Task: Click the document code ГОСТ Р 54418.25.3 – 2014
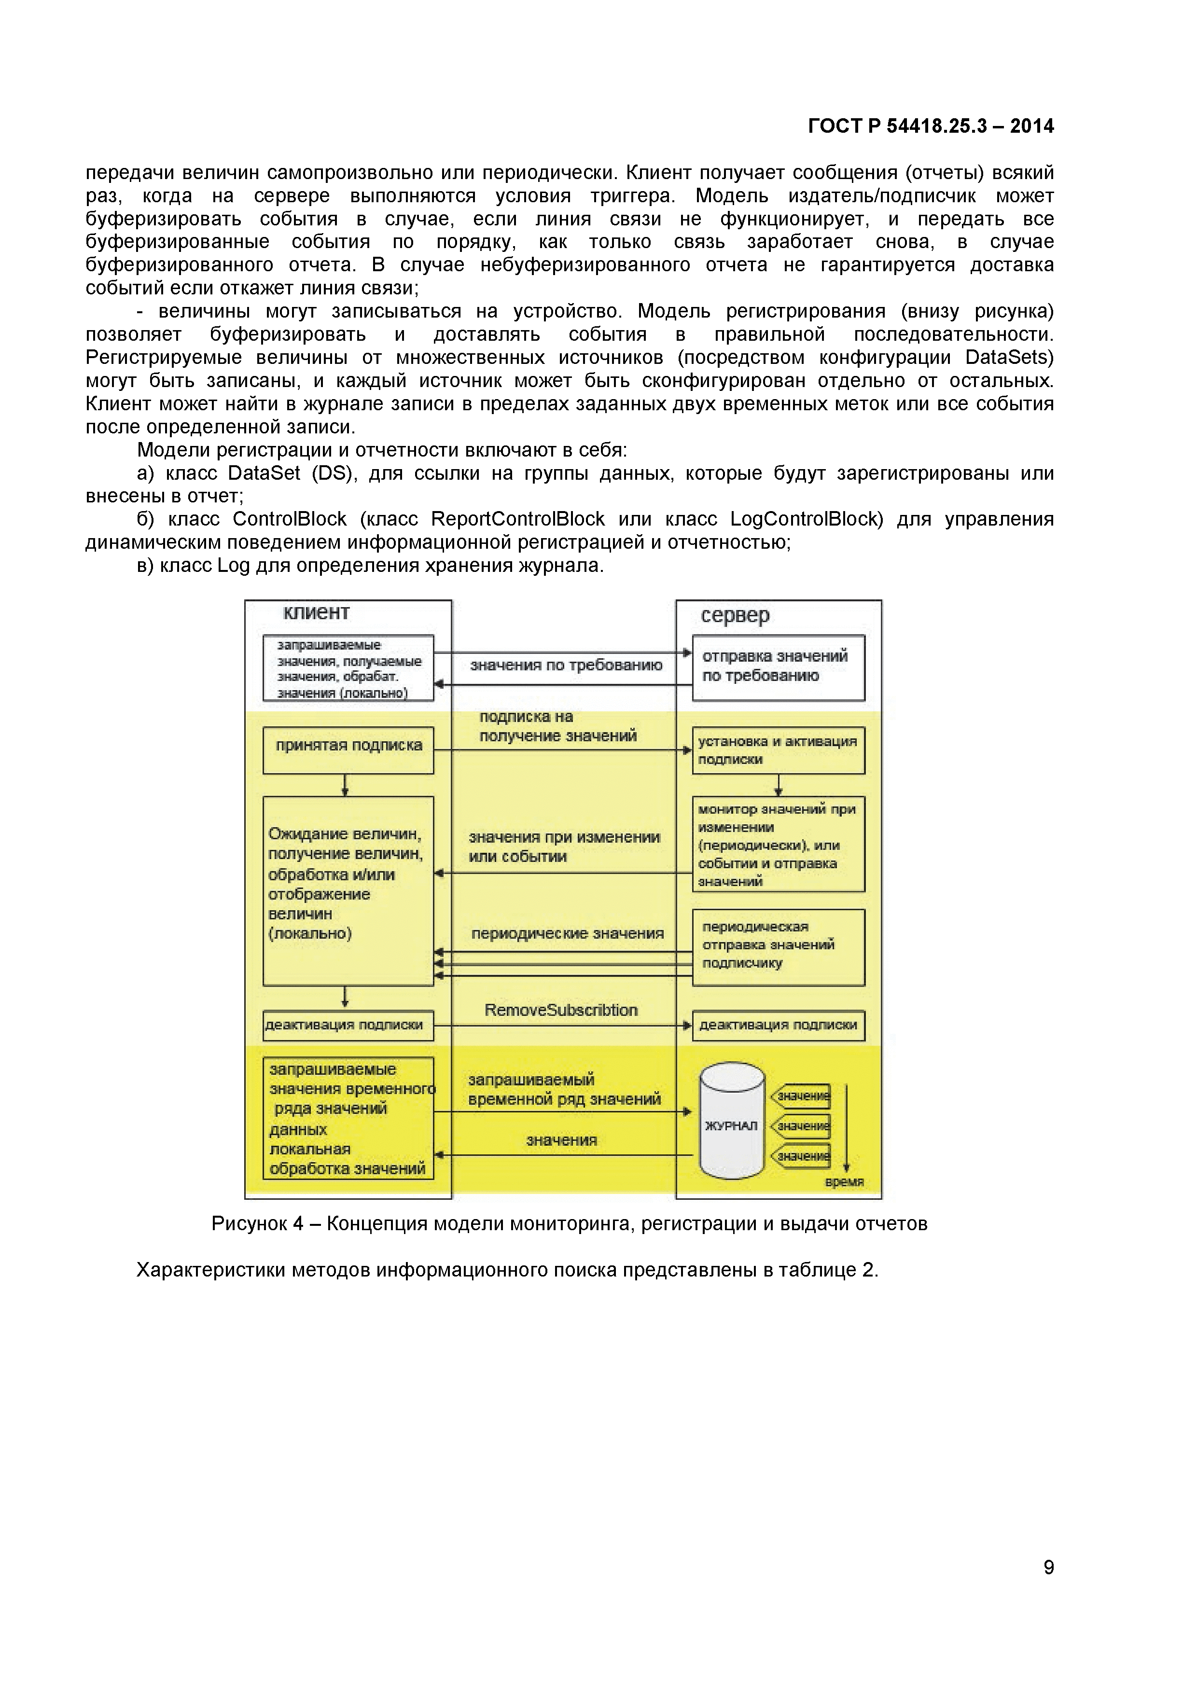930,126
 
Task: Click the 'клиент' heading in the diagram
317,613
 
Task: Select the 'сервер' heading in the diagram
735,615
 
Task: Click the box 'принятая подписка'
348,750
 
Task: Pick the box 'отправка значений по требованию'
778,667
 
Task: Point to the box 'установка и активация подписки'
778,750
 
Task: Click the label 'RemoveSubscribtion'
560,1010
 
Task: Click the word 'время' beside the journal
844,1182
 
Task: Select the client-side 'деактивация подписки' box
348,1025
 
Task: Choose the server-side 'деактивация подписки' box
778,1025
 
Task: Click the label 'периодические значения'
567,933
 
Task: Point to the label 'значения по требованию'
566,665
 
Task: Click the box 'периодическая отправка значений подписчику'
778,947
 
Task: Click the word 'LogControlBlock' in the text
806,519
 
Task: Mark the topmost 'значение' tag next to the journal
802,1096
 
